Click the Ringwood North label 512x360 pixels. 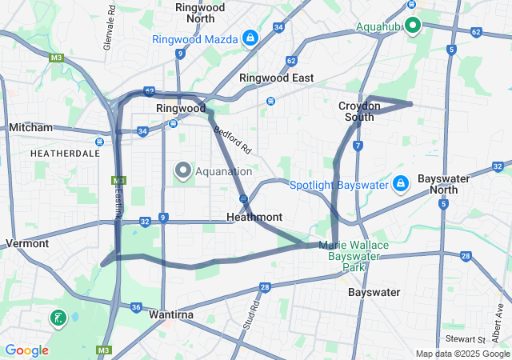point(199,12)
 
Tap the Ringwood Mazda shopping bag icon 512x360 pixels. point(251,38)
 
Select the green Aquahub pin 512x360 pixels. point(413,26)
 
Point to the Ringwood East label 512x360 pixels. point(276,78)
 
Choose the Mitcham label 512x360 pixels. point(30,127)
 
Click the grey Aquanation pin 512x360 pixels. point(183,170)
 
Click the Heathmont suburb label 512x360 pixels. point(254,217)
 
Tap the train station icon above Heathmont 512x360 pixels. point(242,198)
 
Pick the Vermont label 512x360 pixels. point(27,242)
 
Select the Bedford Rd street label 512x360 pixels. point(233,138)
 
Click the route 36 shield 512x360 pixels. point(136,307)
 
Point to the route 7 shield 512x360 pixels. point(358,146)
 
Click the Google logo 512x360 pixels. point(26,350)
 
